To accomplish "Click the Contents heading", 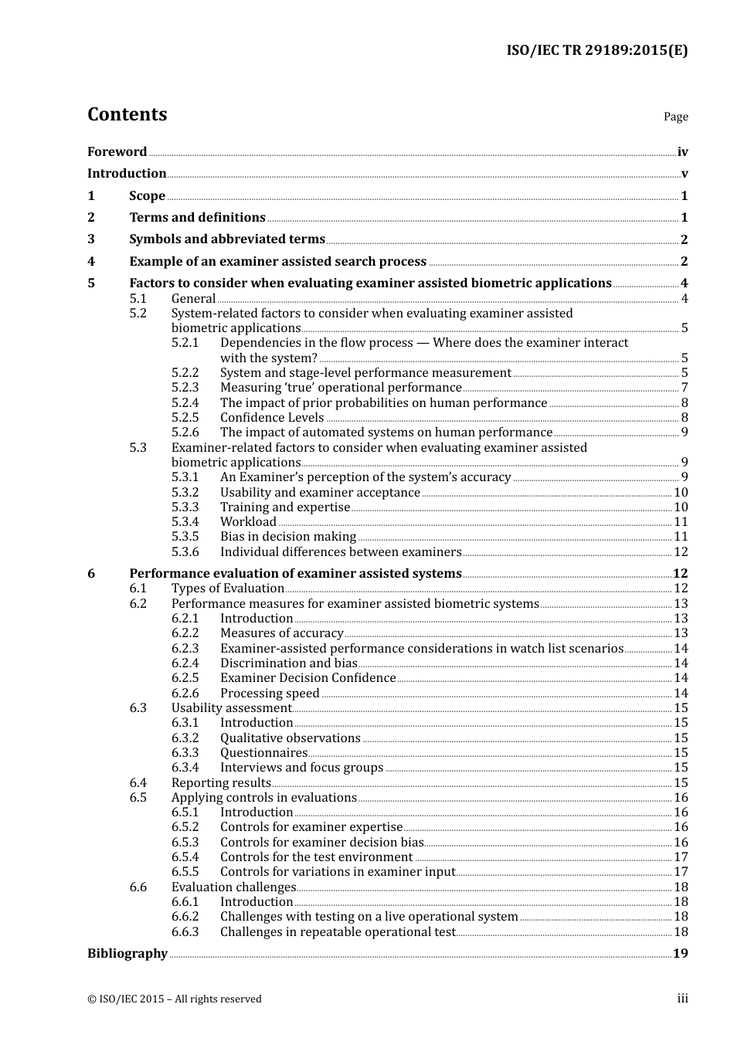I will click(x=127, y=114).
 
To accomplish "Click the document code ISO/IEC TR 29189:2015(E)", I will click(x=596, y=50).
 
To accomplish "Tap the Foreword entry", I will click(x=117, y=151).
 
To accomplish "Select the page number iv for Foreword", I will click(x=682, y=151).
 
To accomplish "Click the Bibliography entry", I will click(x=127, y=953).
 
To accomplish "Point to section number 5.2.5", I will click(x=185, y=418).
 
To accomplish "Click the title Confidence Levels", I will click(x=272, y=418).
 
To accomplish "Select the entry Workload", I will click(x=248, y=522).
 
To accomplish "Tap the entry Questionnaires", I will click(x=263, y=753).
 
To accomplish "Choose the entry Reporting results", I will click(x=221, y=783).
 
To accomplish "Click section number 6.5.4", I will click(x=185, y=857).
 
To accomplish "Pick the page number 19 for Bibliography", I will click(x=680, y=953).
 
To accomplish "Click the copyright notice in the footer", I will click(x=175, y=999).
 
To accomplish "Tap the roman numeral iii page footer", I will click(x=682, y=999).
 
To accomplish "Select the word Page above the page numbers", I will click(x=675, y=117).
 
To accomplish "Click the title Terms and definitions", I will click(x=197, y=218).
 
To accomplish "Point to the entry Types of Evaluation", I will click(x=227, y=589).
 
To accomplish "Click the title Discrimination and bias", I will click(x=288, y=663).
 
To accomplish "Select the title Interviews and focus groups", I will click(x=301, y=768).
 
